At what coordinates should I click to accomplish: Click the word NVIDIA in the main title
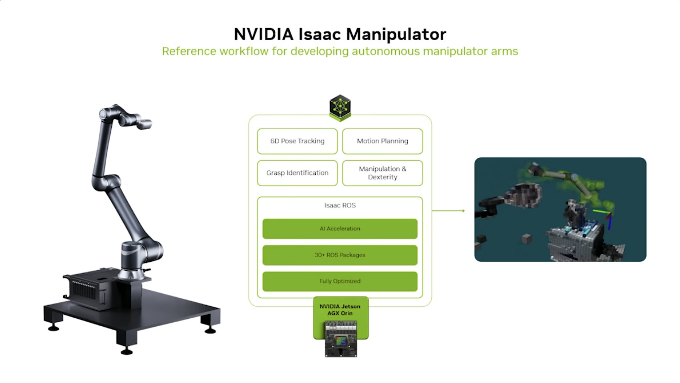coord(263,34)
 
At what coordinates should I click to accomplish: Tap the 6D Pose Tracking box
coord(297,141)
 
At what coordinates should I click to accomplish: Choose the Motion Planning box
coord(382,141)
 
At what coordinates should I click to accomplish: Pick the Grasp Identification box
coord(297,173)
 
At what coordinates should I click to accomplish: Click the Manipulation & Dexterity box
coord(382,173)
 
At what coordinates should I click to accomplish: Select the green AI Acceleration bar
coord(340,229)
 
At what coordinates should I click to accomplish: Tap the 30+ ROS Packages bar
coord(340,255)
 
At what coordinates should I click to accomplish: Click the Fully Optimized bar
coord(340,281)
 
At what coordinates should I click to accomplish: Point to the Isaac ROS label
coord(340,205)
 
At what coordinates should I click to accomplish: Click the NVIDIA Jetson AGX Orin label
coord(340,310)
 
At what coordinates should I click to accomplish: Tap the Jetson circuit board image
coord(340,338)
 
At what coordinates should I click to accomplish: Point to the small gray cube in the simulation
coord(526,239)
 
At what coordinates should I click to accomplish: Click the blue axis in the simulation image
coord(610,223)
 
